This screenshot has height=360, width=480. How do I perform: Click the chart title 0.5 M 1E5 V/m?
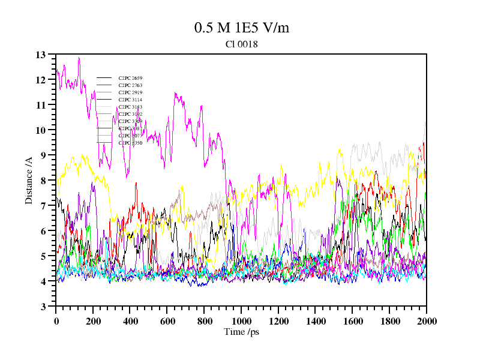click(242, 28)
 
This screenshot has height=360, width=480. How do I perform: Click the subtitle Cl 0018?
click(241, 44)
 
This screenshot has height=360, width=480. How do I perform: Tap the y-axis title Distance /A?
click(28, 181)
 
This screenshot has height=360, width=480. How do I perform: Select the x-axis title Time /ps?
click(241, 332)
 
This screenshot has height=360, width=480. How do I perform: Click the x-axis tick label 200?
click(93, 321)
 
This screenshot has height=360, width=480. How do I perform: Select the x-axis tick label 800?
click(204, 321)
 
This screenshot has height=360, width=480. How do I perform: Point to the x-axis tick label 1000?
click(241, 321)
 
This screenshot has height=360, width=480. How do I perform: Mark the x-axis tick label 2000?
click(426, 321)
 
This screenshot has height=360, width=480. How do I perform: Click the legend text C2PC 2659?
click(130, 78)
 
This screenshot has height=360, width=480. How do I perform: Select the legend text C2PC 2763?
click(130, 85)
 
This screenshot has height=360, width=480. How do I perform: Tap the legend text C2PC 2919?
click(130, 92)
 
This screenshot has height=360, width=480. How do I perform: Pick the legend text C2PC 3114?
click(130, 100)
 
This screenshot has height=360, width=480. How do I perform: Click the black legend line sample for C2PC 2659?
click(104, 78)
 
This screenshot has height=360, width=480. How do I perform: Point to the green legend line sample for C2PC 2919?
click(104, 92)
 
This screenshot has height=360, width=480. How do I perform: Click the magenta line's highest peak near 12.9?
click(79, 58)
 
